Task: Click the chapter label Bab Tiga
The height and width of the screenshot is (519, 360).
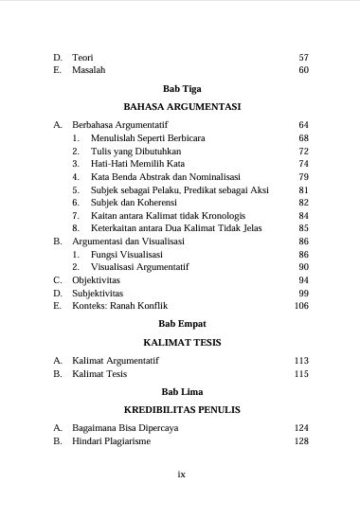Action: [181, 88]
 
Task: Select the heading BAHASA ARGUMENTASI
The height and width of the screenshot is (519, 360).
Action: [181, 107]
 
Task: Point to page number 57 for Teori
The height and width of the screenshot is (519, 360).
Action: [303, 58]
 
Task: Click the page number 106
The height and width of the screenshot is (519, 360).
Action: [301, 306]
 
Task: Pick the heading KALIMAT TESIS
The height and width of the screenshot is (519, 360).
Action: [181, 342]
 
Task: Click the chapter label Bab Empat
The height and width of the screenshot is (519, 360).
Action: [181, 324]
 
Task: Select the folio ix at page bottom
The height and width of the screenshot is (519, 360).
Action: [181, 474]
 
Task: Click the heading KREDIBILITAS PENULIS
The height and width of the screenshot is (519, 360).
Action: [181, 410]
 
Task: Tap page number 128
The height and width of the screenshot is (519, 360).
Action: [301, 441]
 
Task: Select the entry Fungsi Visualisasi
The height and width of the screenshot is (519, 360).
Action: [126, 255]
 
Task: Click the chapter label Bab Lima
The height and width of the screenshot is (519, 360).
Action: [181, 391]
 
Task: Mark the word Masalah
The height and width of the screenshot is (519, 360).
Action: [89, 70]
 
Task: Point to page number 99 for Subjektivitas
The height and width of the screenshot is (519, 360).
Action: [303, 294]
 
